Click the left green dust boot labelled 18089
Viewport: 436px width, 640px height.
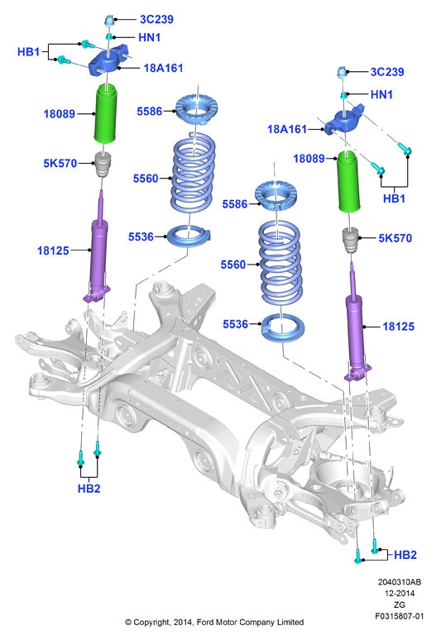106,113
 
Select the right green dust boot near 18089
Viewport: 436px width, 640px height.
348,182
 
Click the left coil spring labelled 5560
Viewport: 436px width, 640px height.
193,174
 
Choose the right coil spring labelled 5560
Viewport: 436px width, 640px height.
280,263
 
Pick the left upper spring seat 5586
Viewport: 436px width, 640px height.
197,109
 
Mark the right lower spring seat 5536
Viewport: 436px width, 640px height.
282,327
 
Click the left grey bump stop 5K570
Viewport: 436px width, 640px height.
103,164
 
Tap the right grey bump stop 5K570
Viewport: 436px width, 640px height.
350,240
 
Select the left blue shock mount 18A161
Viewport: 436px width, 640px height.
108,60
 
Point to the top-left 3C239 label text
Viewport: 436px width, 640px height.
156,19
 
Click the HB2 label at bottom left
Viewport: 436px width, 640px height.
89,488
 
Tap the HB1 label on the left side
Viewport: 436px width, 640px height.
29,52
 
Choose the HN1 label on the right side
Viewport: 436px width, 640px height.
381,94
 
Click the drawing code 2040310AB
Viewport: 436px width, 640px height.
400,582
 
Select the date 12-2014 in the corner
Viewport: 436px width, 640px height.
400,594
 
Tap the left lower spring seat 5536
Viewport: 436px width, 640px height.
189,236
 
